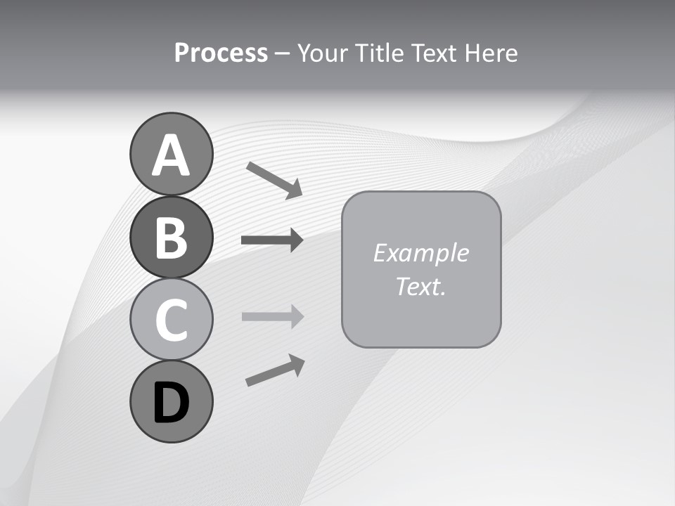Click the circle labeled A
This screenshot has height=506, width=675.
(171, 154)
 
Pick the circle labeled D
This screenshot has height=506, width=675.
(171, 401)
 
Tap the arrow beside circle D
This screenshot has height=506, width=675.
(275, 370)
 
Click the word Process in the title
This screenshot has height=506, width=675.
(221, 53)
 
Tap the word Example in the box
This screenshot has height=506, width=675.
(420, 253)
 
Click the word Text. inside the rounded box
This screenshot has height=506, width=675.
(420, 286)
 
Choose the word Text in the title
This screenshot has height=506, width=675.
(433, 53)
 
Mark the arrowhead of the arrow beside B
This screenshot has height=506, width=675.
(295, 240)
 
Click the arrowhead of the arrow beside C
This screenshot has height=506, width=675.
(295, 316)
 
